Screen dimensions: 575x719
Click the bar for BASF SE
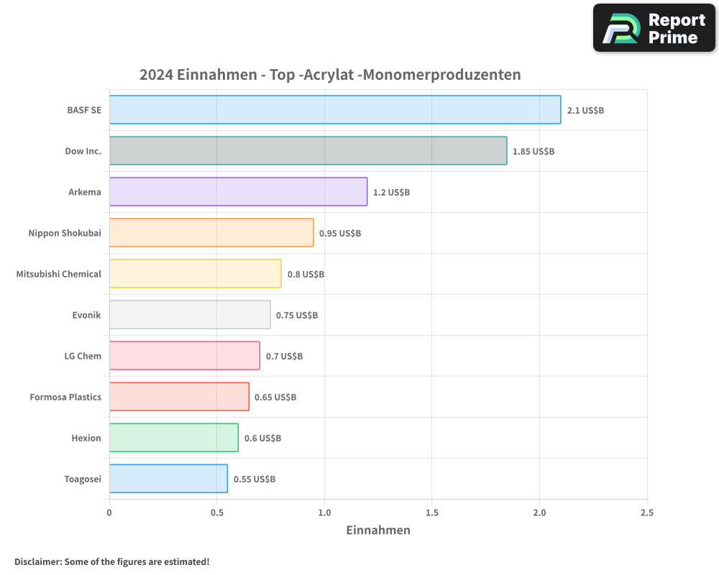(334, 110)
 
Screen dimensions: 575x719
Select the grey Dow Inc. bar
(308, 151)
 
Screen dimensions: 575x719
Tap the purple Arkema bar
(238, 192)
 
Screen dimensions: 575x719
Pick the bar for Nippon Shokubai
(211, 233)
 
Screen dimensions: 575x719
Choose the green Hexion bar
(173, 438)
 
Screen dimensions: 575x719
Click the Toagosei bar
(168, 479)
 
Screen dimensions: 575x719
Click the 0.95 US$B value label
(340, 233)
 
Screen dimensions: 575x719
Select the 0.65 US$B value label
(275, 397)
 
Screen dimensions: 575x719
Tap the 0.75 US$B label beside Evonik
(297, 315)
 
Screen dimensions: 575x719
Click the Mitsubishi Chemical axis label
(59, 274)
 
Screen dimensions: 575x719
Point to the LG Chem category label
(83, 356)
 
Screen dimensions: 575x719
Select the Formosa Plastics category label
(65, 397)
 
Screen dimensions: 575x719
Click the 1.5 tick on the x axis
(431, 512)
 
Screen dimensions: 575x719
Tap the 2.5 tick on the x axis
(646, 512)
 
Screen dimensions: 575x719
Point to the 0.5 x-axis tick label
(216, 512)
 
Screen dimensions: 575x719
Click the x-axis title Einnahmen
(378, 530)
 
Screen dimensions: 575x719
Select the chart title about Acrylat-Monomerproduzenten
(330, 75)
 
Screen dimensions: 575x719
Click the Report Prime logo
(654, 28)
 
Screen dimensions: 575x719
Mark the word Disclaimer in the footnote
(37, 561)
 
